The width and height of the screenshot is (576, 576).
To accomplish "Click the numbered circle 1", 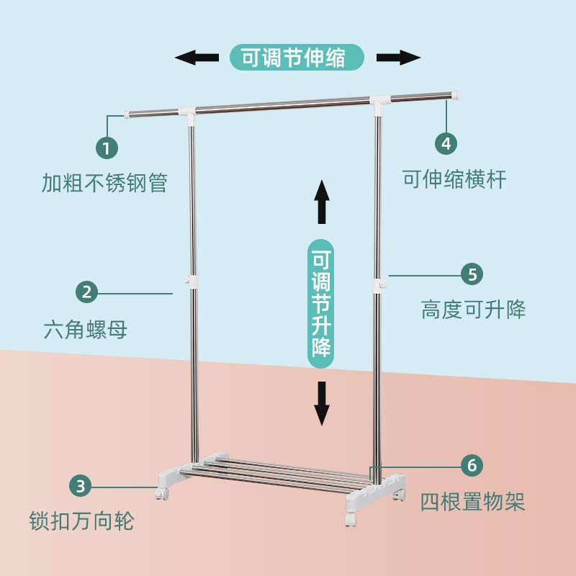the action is click(x=107, y=148).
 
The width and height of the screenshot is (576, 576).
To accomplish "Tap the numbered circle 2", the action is click(x=86, y=292).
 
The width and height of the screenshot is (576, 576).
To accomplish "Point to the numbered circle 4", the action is click(x=446, y=143).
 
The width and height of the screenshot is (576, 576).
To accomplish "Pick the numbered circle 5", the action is click(x=472, y=274).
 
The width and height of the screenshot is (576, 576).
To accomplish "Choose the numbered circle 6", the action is click(x=472, y=465).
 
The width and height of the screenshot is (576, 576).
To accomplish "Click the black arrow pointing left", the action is click(x=197, y=58).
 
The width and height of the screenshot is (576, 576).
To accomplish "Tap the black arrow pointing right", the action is click(x=399, y=58).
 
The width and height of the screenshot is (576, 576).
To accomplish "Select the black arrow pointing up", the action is click(x=322, y=202).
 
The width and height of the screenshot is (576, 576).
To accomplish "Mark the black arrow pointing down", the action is click(x=322, y=403).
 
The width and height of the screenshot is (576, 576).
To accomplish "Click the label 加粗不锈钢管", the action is click(x=104, y=183).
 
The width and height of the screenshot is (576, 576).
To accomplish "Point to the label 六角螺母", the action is click(x=85, y=329).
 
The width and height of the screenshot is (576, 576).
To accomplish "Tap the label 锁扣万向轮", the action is click(x=81, y=521).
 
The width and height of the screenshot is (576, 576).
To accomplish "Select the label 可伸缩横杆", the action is click(x=454, y=179).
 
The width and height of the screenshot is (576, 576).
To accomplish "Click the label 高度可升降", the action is click(x=473, y=310).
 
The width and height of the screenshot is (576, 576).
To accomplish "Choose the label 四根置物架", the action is click(x=472, y=501).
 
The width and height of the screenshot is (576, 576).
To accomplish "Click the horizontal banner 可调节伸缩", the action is click(x=297, y=58).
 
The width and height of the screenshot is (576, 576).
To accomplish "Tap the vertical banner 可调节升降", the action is click(x=321, y=304).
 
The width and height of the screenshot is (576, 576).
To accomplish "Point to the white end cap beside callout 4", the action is click(x=456, y=95).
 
